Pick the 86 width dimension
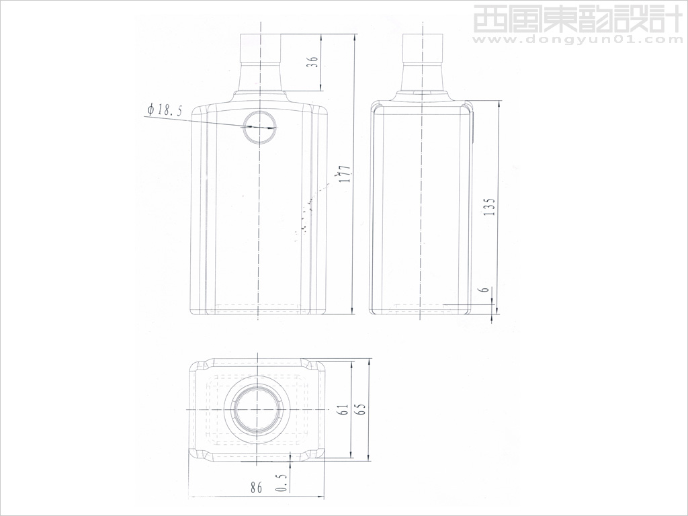click(255, 488)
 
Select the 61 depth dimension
click(342, 411)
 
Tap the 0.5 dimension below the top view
click(282, 483)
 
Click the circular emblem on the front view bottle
click(259, 126)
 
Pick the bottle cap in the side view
click(423, 46)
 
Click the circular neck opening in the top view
click(258, 410)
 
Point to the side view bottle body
click(421, 208)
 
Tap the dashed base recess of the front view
click(258, 307)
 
